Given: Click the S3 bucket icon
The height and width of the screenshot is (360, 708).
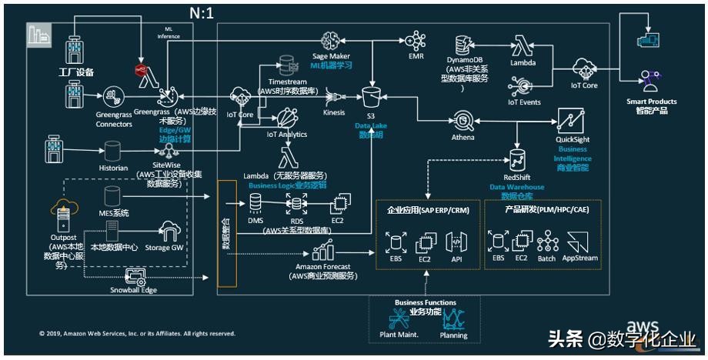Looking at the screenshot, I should tap(372, 95).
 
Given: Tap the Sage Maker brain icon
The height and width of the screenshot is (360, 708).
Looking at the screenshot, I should tap(332, 40).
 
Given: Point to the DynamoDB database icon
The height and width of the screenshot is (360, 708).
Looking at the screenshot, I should tap(465, 43).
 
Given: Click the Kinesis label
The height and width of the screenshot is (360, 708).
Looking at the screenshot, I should tap(334, 112).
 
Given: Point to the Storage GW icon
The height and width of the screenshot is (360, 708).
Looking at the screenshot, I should tap(168, 231).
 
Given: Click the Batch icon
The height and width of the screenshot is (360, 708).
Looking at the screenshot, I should tap(547, 243).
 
